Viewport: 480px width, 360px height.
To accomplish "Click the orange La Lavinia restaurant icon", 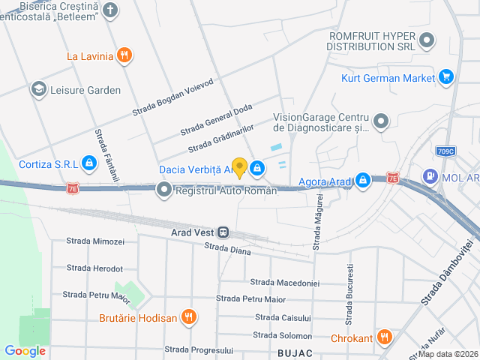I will coord(125,55).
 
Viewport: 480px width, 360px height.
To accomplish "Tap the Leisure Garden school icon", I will coord(37,90).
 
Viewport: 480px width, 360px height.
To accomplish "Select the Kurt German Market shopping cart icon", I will coord(447,77).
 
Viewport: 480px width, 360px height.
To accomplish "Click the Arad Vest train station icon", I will coord(223,232).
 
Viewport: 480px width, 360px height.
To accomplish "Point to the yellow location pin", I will coord(239,167).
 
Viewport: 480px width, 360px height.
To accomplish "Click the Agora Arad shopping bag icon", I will coord(363,181).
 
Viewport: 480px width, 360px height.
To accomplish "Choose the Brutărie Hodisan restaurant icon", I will coord(189,317).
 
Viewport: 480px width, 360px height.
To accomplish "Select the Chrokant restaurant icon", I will coord(385,337).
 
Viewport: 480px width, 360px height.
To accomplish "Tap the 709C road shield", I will coord(445,151).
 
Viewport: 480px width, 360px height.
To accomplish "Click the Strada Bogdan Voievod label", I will coord(173,97).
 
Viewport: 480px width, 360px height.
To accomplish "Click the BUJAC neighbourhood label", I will coord(295,351).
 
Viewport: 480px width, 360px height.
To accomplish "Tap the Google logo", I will coord(25,351).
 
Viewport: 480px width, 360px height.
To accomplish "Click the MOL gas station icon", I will coord(430,177).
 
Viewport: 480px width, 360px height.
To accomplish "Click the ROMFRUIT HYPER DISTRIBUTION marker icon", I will coord(427,40).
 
